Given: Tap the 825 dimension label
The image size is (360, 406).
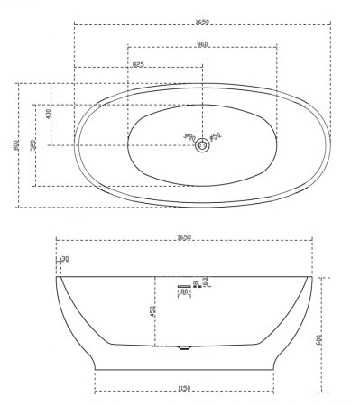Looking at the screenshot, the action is click(138, 64).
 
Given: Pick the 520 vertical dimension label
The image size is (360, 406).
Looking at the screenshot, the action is click(32, 145).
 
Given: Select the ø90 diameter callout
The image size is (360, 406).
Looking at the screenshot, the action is click(190, 137).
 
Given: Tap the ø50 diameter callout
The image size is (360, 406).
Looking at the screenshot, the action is click(217, 137).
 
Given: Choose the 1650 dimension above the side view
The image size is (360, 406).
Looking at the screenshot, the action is click(185, 237).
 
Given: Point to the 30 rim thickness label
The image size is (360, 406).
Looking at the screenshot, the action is click(65, 261).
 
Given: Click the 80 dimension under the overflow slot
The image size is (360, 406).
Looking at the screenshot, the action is click(184, 292).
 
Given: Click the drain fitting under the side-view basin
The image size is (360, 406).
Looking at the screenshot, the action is click(185, 346).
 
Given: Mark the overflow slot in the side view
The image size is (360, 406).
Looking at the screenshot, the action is click(183, 283).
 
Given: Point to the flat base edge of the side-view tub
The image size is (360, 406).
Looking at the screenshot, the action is click(185, 368).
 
